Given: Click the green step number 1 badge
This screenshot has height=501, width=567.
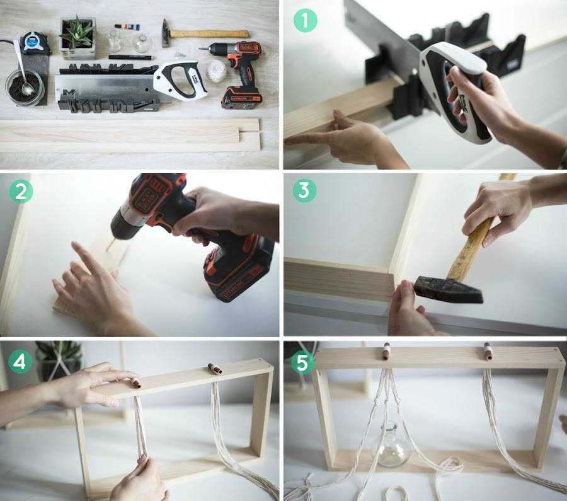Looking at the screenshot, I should [306, 21].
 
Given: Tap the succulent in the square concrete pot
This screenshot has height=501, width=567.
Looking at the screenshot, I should [77, 33].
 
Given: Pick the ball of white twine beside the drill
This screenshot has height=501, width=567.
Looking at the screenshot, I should [216, 72].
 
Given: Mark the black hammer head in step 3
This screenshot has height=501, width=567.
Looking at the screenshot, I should [448, 289].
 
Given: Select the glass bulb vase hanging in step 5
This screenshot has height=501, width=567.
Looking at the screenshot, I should [391, 445].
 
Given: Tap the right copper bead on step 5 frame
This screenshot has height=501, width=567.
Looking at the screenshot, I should [488, 351].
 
